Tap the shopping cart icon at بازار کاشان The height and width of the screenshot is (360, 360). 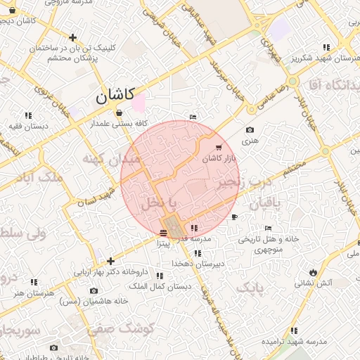point(219,148)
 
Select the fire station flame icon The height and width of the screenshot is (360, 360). point(312,272)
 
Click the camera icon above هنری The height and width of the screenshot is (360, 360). point(250,130)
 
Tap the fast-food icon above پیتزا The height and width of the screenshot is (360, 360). point(164,232)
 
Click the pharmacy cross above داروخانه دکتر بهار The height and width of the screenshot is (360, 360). point(110,261)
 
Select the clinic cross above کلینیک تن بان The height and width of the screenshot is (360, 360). point(72,38)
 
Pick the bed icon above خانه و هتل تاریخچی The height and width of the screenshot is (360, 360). point(268,229)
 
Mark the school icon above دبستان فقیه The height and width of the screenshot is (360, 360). point(29,115)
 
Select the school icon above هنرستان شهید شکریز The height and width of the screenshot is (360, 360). point(326,48)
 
